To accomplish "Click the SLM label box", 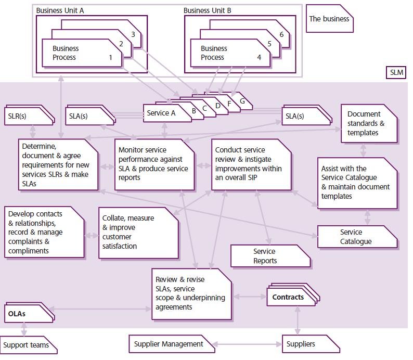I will click(x=396, y=73).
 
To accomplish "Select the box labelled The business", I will click(x=329, y=19).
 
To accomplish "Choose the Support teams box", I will click(x=27, y=345).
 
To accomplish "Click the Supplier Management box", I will click(x=169, y=344).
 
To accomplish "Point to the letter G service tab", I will click(x=242, y=101).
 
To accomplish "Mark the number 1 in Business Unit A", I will click(x=110, y=57).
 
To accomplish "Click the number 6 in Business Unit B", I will click(x=281, y=34).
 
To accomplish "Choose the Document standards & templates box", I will click(x=366, y=123).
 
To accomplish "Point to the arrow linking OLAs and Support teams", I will click(x=23, y=329).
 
